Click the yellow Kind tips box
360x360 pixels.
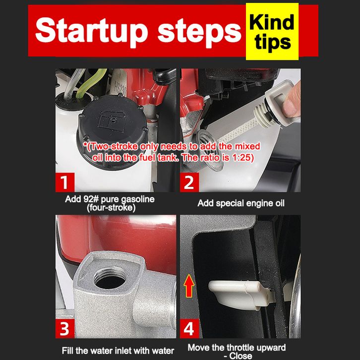click(x=272, y=31)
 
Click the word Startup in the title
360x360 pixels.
click(x=91, y=31)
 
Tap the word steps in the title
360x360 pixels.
click(x=199, y=32)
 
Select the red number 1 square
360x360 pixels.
click(x=65, y=182)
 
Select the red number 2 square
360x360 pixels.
click(x=189, y=182)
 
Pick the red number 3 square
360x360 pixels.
click(x=65, y=329)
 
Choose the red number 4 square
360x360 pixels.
click(x=189, y=329)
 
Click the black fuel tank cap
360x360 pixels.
click(x=113, y=128)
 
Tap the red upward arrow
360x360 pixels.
click(x=189, y=286)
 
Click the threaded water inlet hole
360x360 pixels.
click(x=110, y=278)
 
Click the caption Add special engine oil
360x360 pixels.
click(x=241, y=203)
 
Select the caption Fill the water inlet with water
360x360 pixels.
click(x=118, y=351)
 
